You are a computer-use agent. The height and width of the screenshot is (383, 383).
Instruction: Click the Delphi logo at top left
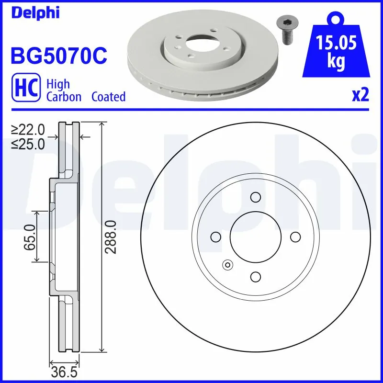point(34,13)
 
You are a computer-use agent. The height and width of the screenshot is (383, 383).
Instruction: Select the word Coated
point(108,97)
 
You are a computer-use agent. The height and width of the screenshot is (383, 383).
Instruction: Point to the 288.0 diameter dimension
point(112,237)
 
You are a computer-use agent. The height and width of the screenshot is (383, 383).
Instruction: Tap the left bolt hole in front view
point(215,237)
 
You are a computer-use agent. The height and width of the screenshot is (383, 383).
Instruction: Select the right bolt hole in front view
point(295,237)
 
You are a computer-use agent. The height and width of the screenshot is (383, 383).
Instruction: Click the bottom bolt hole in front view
point(255,276)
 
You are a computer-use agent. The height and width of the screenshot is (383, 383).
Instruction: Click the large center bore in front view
point(255,237)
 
